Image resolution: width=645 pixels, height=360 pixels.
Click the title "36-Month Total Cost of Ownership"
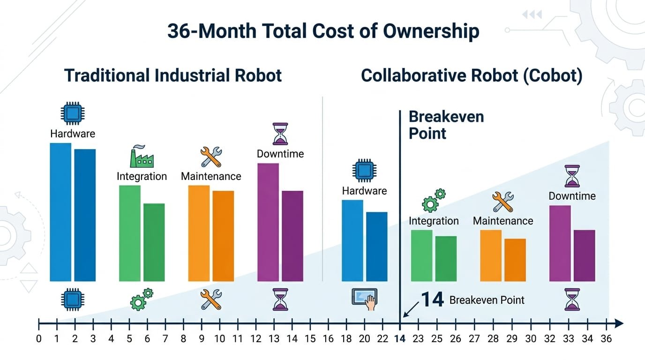[323, 31]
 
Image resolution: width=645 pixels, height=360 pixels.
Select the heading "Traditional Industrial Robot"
[173, 75]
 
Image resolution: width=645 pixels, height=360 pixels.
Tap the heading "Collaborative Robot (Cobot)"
[472, 75]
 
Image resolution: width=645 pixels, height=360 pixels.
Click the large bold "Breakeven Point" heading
[446, 125]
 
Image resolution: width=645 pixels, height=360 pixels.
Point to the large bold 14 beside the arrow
[432, 299]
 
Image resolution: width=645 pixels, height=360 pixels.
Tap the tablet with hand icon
[364, 299]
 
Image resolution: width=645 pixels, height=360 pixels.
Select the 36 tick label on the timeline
[606, 338]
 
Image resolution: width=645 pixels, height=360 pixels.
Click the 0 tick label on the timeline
[38, 338]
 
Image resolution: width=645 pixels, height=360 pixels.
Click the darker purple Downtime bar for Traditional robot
[292, 236]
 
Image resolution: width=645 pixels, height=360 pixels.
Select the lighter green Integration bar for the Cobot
[421, 255]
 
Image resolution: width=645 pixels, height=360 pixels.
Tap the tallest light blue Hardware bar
[60, 212]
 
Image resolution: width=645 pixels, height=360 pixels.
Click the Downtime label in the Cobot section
[572, 196]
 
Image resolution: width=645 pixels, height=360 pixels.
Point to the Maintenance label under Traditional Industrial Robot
[211, 176]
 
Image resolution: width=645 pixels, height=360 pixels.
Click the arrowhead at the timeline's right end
[619, 323]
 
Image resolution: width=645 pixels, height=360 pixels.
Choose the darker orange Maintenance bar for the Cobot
[515, 260]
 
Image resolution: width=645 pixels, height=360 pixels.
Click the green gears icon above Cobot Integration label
[434, 201]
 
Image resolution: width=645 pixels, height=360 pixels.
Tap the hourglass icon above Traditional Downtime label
[280, 134]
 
